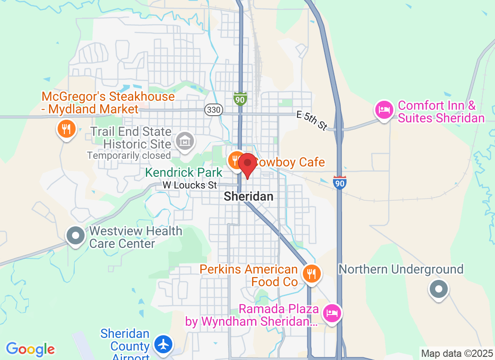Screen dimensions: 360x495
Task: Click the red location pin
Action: (247, 164)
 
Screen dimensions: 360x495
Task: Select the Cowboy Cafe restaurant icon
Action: (235, 160)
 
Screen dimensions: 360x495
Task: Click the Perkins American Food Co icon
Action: (310, 273)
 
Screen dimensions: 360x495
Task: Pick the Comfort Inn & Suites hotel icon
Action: (384, 109)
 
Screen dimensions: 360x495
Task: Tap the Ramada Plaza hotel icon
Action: (333, 312)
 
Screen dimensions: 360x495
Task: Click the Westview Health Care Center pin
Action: (76, 235)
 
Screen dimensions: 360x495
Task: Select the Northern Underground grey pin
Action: (438, 288)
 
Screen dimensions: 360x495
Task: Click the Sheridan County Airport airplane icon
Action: (162, 344)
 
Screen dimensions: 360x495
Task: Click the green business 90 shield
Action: (240, 99)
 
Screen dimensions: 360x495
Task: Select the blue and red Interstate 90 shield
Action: (340, 182)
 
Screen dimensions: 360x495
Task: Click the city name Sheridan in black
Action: (248, 197)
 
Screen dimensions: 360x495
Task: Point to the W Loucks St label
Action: (190, 185)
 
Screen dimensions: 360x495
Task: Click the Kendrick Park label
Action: (184, 172)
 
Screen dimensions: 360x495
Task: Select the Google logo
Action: (31, 349)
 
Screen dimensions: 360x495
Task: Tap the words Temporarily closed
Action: (129, 156)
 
